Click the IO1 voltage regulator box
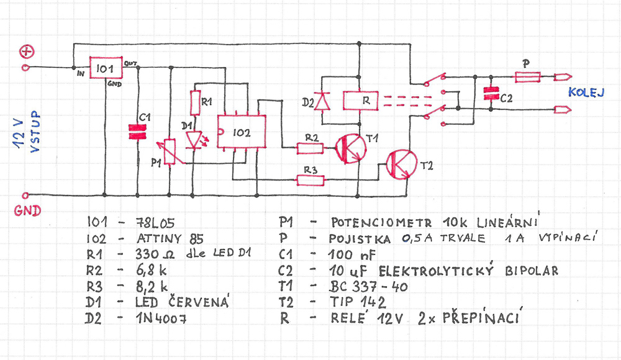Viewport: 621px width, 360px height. click(x=106, y=68)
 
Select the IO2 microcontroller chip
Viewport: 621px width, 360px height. click(x=241, y=132)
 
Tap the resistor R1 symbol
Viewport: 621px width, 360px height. click(x=195, y=102)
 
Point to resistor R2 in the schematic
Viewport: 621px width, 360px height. click(x=310, y=148)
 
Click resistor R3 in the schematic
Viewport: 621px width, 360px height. click(x=310, y=181)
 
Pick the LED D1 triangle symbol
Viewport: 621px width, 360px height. click(x=194, y=140)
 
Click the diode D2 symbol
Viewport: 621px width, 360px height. click(x=322, y=101)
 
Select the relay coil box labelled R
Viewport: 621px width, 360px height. click(x=360, y=101)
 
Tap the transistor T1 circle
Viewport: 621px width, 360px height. click(x=350, y=148)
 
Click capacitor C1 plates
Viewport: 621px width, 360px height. click(x=137, y=132)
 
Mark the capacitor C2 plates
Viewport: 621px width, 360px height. click(x=491, y=94)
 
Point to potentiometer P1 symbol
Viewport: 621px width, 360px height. click(x=170, y=151)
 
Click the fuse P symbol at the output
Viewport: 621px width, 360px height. click(x=527, y=77)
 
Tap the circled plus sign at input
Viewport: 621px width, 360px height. click(x=27, y=52)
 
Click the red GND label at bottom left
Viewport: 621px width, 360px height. click(x=27, y=210)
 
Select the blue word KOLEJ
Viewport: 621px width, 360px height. click(x=587, y=92)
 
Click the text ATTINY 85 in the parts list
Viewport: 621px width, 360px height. click(x=170, y=239)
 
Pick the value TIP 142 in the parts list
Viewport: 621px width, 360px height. click(x=358, y=302)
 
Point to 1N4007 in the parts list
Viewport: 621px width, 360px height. click(x=161, y=318)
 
